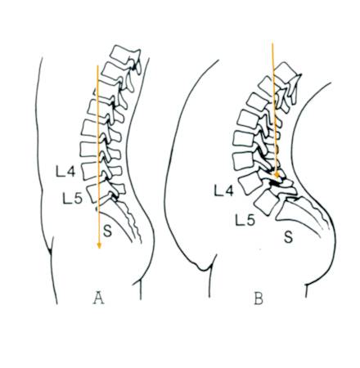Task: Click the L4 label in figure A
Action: [x=65, y=172]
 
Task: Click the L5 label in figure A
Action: [x=72, y=199]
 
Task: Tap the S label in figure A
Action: [x=108, y=231]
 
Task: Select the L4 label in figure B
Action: [x=223, y=191]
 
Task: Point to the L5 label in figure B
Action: [x=245, y=220]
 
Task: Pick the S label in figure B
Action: [x=288, y=236]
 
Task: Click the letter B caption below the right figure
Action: [x=259, y=298]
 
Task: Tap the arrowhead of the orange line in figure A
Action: [x=99, y=245]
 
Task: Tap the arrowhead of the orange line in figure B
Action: [x=277, y=174]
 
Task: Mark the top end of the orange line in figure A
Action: [x=97, y=65]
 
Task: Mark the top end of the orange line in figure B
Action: [x=272, y=42]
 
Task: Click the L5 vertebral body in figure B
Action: [x=266, y=202]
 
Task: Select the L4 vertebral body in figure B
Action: [x=250, y=182]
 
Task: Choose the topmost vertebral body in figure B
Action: [x=285, y=72]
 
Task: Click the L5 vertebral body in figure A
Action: [x=94, y=193]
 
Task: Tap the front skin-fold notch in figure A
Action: [x=50, y=249]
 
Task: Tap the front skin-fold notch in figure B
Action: [x=204, y=267]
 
